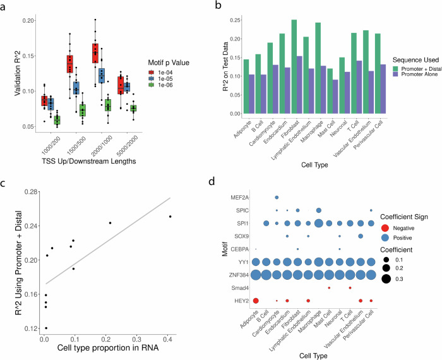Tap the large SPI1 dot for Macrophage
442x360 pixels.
pos(319,223)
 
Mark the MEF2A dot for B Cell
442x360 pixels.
pos(277,197)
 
